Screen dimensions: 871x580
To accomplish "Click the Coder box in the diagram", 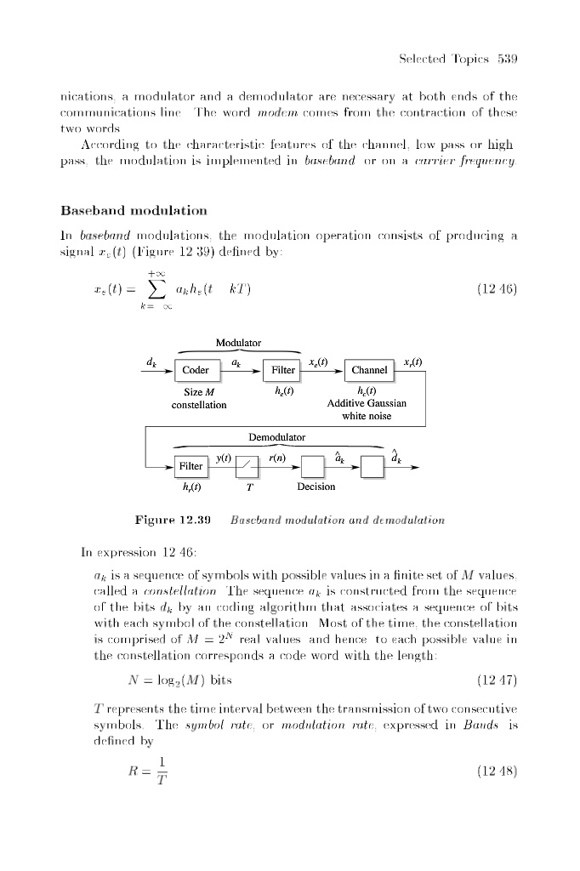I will click(x=196, y=370).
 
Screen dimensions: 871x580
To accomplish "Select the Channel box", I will click(x=368, y=370).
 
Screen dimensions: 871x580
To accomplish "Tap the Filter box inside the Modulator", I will click(x=282, y=370).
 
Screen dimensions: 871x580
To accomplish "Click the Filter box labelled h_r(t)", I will click(x=190, y=466).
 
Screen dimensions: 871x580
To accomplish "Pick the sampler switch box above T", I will click(x=247, y=466).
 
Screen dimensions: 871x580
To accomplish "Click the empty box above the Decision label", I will click(x=313, y=466).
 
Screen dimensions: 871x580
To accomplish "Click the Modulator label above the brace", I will click(x=238, y=343).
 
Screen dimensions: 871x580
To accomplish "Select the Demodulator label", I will click(x=276, y=437).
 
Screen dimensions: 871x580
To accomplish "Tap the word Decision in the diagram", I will click(x=316, y=487).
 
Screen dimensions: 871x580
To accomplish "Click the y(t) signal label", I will click(x=225, y=457).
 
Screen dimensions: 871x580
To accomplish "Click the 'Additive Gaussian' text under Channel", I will click(x=367, y=403).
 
